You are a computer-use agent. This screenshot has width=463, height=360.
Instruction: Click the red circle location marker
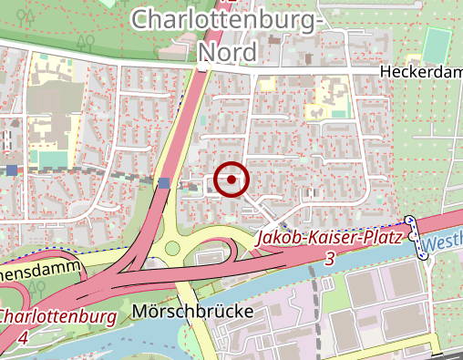pos(232,180)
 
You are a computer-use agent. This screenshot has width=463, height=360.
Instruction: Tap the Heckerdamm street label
pos(421,73)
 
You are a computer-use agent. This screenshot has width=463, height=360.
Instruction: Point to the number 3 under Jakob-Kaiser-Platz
pos(329,260)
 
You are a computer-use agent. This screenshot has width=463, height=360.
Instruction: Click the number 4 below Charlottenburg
pos(21,337)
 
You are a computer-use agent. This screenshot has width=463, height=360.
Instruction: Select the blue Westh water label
pos(444,243)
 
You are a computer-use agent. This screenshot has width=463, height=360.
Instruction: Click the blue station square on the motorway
pos(163,183)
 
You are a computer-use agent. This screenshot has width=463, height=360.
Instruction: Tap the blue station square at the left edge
pos(11,170)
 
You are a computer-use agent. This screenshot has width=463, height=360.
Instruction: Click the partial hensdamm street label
pos(41,271)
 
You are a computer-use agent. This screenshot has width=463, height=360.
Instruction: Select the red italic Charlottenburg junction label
pos(57,317)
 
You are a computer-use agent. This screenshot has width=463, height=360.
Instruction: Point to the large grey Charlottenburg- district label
pos(227,18)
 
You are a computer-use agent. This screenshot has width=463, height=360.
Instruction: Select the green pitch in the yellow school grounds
pos(53,159)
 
